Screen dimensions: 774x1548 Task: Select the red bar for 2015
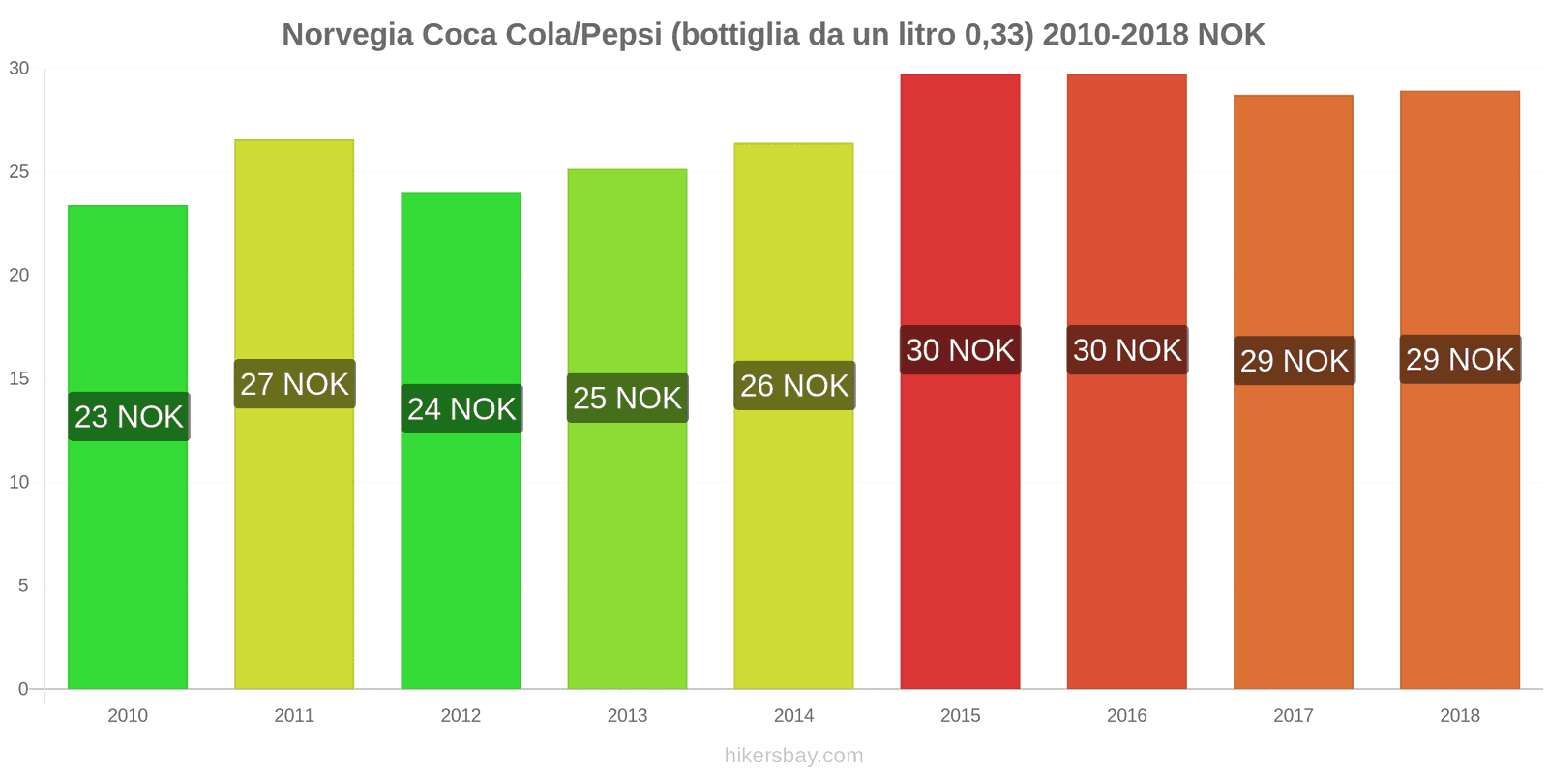tap(960, 522)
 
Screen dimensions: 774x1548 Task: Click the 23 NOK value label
tap(129, 417)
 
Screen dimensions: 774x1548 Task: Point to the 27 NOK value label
tap(294, 384)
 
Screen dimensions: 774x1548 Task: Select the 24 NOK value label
tap(461, 409)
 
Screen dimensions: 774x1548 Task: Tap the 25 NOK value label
tap(627, 398)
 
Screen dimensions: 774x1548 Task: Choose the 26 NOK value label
tap(794, 386)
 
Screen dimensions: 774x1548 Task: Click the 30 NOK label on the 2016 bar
tap(1127, 350)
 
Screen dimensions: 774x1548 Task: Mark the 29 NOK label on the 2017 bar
tap(1294, 361)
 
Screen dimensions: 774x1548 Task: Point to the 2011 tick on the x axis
tap(294, 716)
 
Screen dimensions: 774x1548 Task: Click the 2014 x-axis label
tap(793, 716)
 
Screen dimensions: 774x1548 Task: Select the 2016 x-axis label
tap(1126, 716)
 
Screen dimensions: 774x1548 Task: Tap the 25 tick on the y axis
tap(19, 172)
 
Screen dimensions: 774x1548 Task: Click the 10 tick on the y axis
tap(19, 482)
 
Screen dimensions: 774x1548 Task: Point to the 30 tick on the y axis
tap(19, 69)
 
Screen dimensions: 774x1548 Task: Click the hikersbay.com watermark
tap(793, 756)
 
